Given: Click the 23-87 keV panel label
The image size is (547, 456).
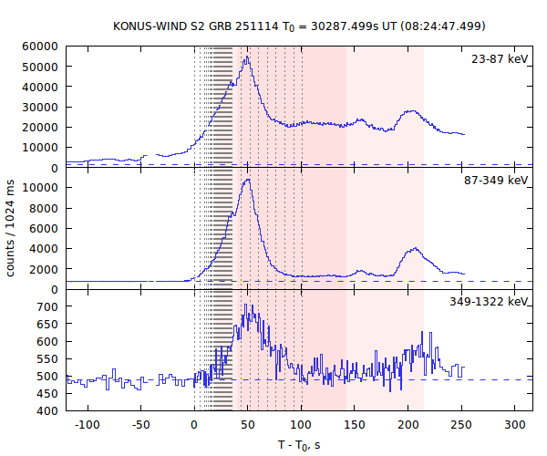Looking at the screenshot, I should [498, 58].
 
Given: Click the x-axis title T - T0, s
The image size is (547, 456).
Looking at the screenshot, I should [299, 444].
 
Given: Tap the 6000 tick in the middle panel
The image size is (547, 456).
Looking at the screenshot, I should [44, 228].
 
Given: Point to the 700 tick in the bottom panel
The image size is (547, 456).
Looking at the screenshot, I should [47, 307].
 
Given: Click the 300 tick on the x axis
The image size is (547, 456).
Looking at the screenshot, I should [516, 425].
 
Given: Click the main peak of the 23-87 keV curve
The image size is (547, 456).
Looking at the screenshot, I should [246, 57].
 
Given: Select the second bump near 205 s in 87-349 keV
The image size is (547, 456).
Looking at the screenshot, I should [414, 248].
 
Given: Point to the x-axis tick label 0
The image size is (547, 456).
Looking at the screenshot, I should [194, 425].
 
